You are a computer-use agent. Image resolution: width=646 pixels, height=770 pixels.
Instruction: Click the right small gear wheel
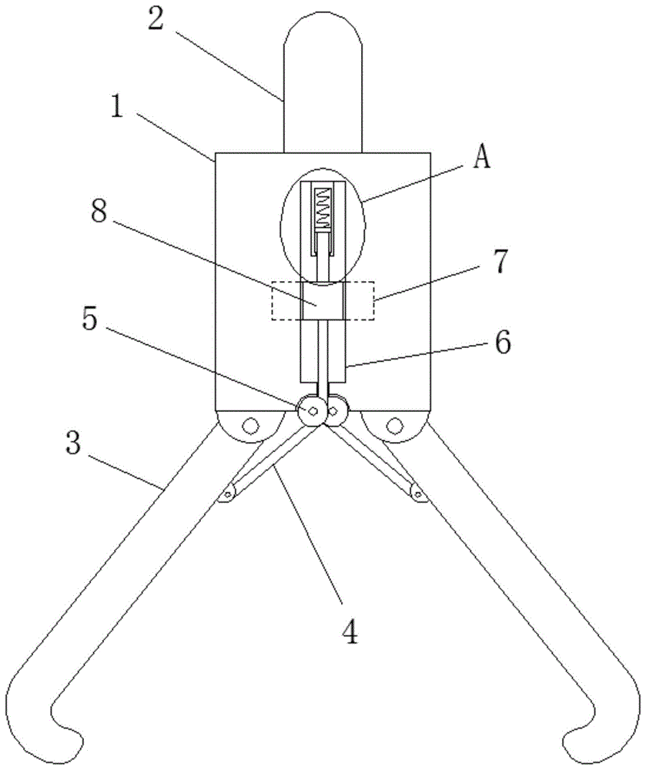pos(336,411)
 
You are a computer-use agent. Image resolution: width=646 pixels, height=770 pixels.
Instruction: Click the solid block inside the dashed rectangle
pos(323,301)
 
